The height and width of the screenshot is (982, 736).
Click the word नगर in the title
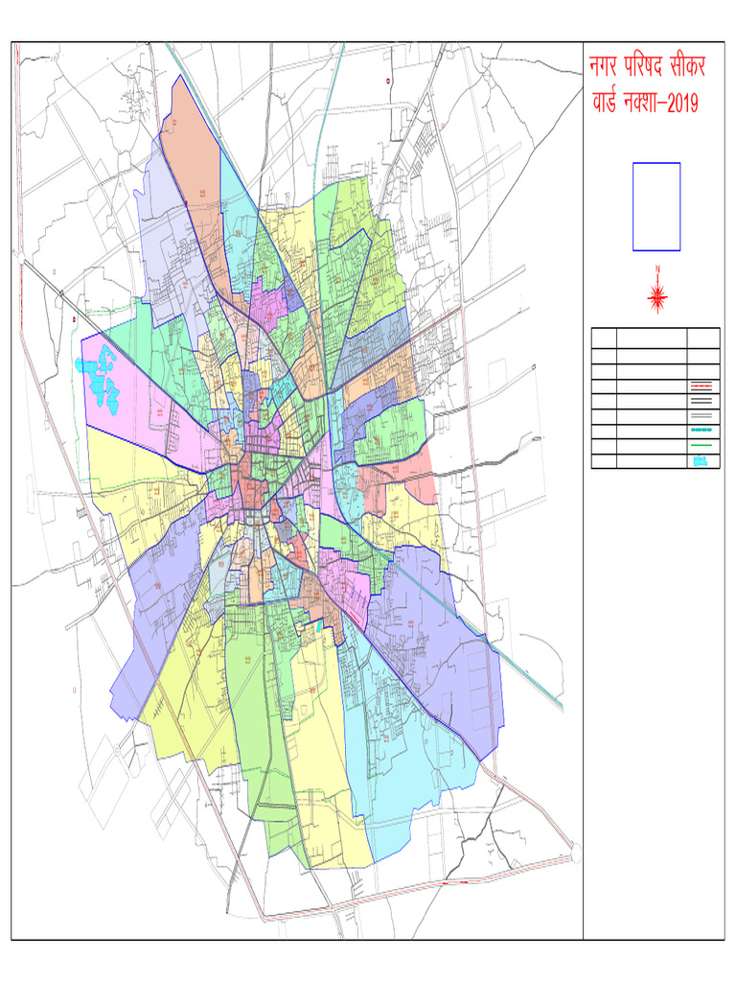pyautogui.click(x=607, y=68)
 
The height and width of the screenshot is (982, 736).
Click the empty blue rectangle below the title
pyautogui.click(x=656, y=206)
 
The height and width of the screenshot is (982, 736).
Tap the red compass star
pyautogui.click(x=657, y=296)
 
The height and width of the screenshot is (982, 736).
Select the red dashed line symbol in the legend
pyautogui.click(x=702, y=386)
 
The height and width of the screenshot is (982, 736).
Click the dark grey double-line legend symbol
pyautogui.click(x=702, y=401)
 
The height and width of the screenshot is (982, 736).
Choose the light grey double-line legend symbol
pyautogui.click(x=702, y=416)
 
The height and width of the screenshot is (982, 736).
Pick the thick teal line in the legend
pyautogui.click(x=702, y=431)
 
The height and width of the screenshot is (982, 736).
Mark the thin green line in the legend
pyautogui.click(x=702, y=446)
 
